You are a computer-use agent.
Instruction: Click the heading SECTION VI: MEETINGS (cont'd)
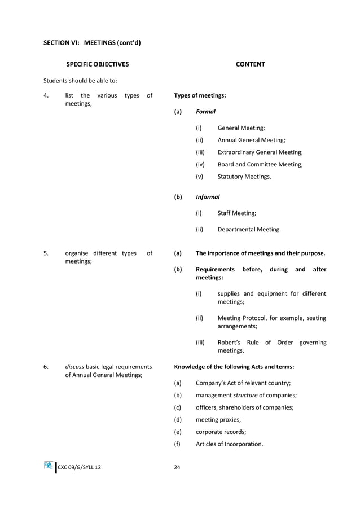[x=92, y=42]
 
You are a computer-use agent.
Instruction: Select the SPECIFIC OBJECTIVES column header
[x=97, y=64]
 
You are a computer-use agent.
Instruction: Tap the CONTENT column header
[x=250, y=64]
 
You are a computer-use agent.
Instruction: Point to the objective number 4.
[x=46, y=95]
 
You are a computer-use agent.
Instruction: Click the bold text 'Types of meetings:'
[x=200, y=95]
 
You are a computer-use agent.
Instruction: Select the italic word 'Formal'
[x=205, y=112]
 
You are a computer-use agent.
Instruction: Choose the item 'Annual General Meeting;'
[x=251, y=140]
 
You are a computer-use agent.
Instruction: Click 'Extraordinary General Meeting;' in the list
[x=260, y=152]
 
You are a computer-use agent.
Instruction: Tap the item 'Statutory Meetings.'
[x=244, y=177]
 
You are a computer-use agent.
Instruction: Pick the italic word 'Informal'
[x=208, y=197]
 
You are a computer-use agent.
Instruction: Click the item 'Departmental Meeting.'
[x=249, y=230]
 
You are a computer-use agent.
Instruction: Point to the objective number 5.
[x=46, y=253]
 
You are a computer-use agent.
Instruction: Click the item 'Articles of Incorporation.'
[x=229, y=444]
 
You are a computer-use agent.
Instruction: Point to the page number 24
[x=178, y=468]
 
